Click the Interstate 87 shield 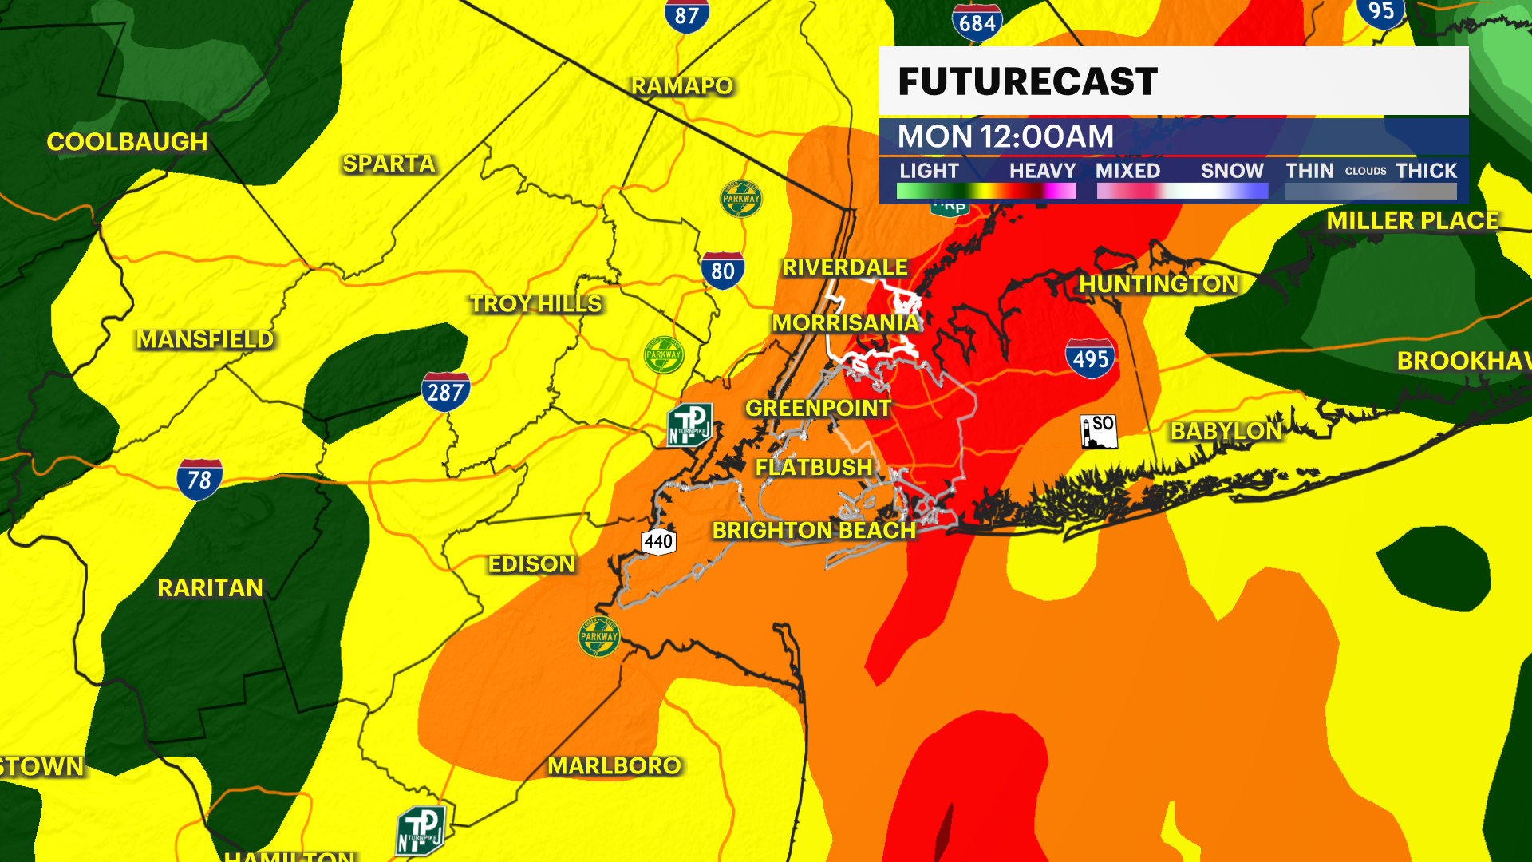pyautogui.click(x=686, y=16)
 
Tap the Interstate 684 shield pyautogui.click(x=977, y=22)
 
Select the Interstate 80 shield pyautogui.click(x=722, y=271)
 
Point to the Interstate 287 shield pyautogui.click(x=445, y=391)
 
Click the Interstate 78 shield pyautogui.click(x=199, y=479)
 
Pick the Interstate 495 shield pyautogui.click(x=1090, y=358)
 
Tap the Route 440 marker pyautogui.click(x=658, y=542)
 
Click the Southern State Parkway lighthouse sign pyautogui.click(x=1099, y=431)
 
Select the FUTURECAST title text pyautogui.click(x=1028, y=81)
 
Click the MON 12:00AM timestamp pyautogui.click(x=1005, y=136)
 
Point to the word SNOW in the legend pyautogui.click(x=1232, y=171)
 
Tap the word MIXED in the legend pyautogui.click(x=1127, y=171)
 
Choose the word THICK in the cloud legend pyautogui.click(x=1426, y=171)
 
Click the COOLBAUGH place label pyautogui.click(x=127, y=142)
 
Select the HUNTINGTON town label pyautogui.click(x=1159, y=284)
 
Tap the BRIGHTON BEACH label pyautogui.click(x=814, y=531)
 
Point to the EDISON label pyautogui.click(x=531, y=564)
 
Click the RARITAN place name pyautogui.click(x=210, y=588)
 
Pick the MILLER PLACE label pyautogui.click(x=1412, y=221)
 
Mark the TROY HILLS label pyautogui.click(x=535, y=304)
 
